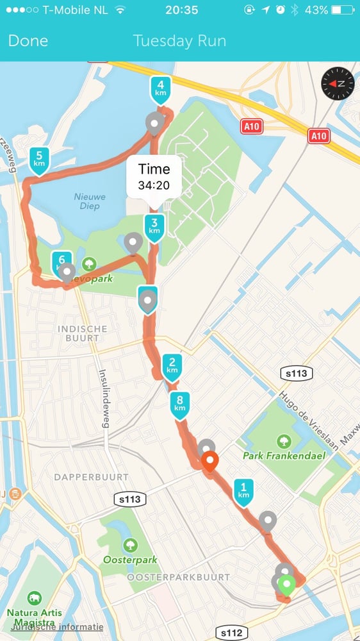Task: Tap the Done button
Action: pos(28,41)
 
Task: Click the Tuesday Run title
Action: pos(179,41)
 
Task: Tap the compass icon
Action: pos(338,83)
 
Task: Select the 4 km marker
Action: pos(160,88)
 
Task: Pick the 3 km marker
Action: pos(154,226)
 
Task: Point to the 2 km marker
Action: pos(172,367)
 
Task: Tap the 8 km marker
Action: pos(179,404)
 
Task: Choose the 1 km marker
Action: pos(243,491)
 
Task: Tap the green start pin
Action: pos(287,585)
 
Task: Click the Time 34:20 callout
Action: pos(154,177)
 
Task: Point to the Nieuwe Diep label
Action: pos(89,201)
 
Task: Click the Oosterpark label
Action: pos(130,559)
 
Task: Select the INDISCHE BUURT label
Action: pos(83,334)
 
